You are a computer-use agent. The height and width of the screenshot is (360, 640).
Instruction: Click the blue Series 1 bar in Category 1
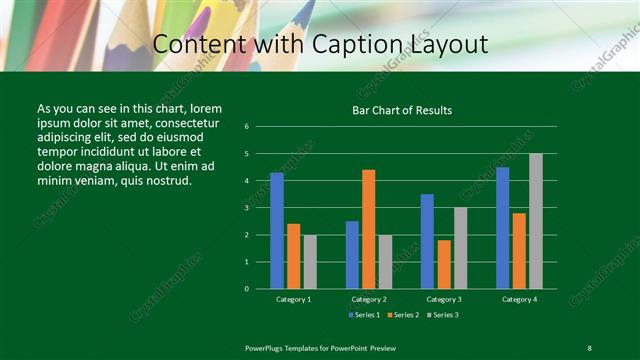coord(277,231)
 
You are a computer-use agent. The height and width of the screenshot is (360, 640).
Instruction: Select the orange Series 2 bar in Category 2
coord(368,229)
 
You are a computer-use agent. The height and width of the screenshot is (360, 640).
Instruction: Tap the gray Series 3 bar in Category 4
coord(535,221)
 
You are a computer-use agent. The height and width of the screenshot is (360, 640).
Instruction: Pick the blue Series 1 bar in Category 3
coord(427,241)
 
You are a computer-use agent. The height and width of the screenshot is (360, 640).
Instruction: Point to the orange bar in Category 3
coord(443,264)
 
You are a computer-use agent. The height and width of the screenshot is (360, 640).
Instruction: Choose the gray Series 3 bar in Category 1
coord(310,262)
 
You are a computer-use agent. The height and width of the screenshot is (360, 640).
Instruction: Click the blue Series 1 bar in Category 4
coord(502,228)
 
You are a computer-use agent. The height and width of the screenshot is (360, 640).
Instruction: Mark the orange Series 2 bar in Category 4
coord(518,250)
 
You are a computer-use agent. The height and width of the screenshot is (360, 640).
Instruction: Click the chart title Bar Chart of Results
coord(403,110)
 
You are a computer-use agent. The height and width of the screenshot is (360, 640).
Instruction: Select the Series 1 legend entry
coord(364,315)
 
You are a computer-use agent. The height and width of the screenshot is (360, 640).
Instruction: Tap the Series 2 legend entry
coord(401,315)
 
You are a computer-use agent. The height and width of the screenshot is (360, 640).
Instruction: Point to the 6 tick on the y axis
coord(246,127)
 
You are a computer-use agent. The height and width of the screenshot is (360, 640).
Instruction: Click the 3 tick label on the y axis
coord(246,208)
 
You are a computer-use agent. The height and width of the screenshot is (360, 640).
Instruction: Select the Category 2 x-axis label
coord(368,299)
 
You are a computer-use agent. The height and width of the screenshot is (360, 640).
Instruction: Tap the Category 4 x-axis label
coord(518,299)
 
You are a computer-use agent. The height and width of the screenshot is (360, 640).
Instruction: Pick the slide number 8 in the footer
coord(588,347)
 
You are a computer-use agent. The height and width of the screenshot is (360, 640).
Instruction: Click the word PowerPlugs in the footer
coord(268,347)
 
